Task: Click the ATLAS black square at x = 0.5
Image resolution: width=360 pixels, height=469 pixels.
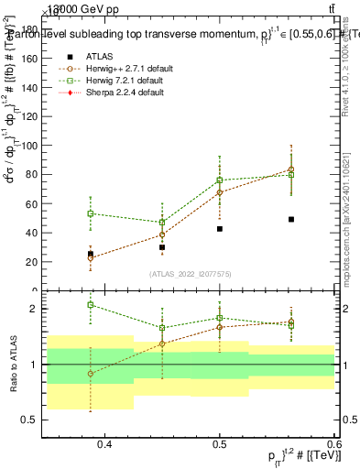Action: [x=220, y=229]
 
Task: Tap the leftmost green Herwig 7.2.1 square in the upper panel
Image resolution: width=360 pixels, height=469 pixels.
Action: [x=90, y=213]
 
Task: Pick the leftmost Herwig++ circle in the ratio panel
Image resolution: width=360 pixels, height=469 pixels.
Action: [x=90, y=374]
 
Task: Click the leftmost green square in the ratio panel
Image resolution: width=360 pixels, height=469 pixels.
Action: [x=90, y=305]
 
